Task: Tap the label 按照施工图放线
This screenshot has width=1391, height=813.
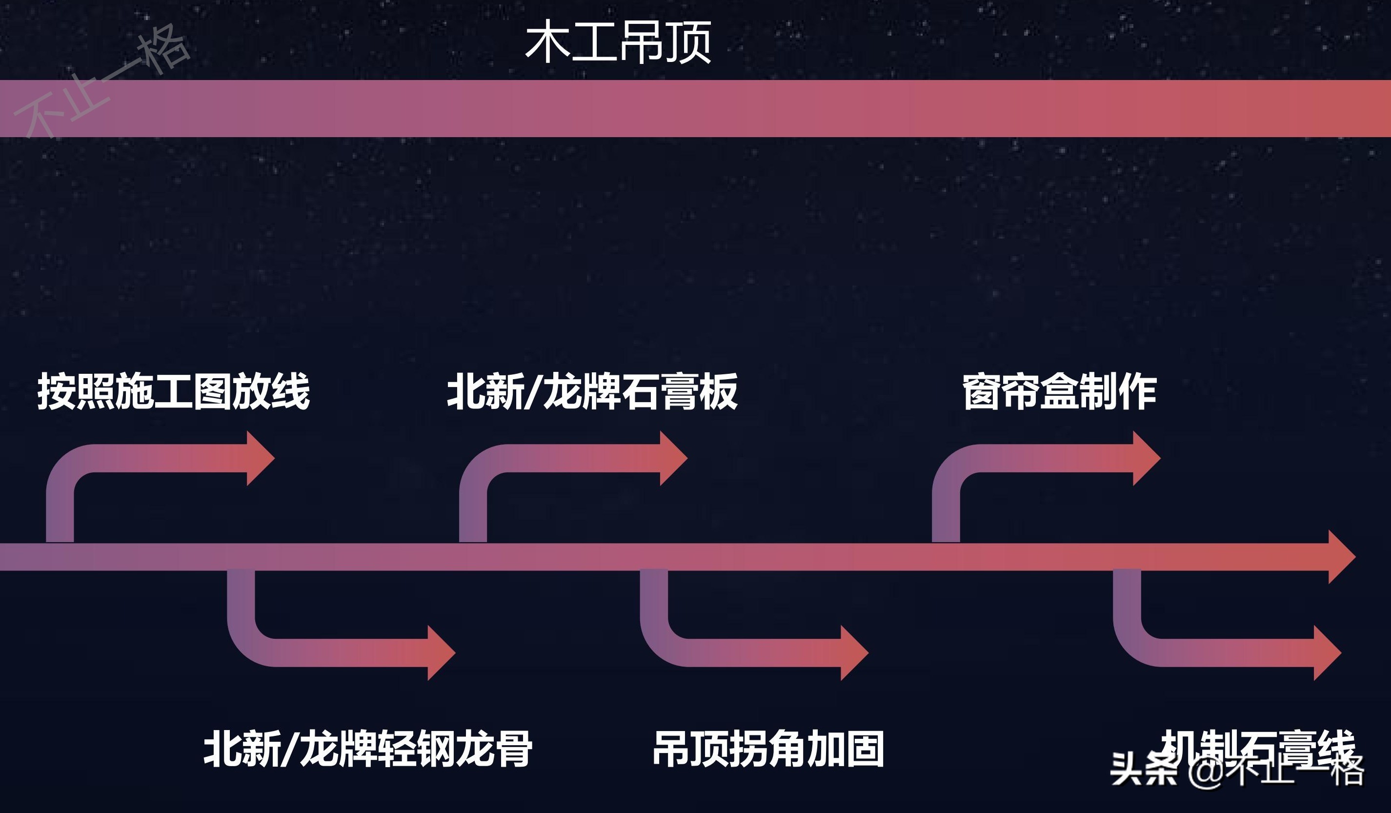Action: (x=173, y=391)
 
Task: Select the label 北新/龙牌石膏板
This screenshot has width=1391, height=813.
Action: (x=592, y=391)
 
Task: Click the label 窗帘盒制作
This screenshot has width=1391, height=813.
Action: (x=1059, y=391)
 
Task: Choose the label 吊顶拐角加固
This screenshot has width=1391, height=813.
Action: (x=768, y=749)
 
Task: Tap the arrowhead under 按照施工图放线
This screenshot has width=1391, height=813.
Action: (x=260, y=458)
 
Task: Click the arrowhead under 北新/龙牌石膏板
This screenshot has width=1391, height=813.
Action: (x=672, y=458)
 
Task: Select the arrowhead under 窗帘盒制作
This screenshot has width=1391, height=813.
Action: (x=1146, y=458)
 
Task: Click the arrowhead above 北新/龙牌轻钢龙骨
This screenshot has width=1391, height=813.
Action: (x=441, y=653)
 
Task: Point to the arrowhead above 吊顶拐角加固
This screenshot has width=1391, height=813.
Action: (x=853, y=653)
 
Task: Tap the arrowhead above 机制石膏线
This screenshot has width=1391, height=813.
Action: (x=1327, y=653)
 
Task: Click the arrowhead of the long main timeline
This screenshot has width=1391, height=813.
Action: (x=1341, y=557)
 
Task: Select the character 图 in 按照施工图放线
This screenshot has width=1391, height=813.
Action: (x=212, y=391)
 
